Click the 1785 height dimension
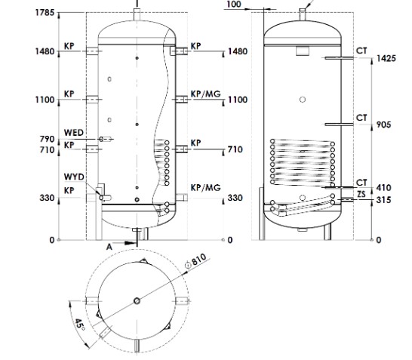tap(45, 12)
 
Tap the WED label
tap(74, 133)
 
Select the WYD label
tap(74, 177)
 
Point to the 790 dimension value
tap(47, 139)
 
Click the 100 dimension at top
tap(234, 5)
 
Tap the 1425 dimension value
tap(386, 58)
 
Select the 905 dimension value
tap(383, 125)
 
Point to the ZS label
tap(361, 194)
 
